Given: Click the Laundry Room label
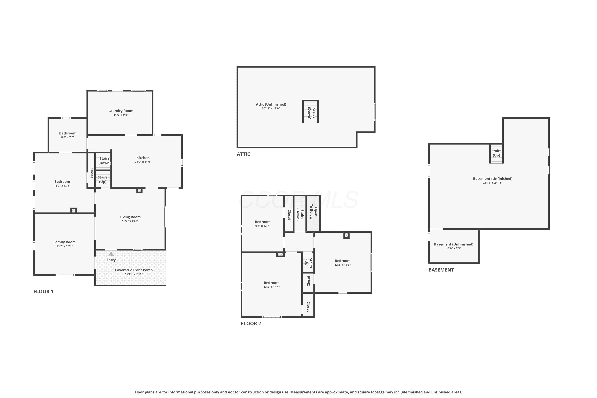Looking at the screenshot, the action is point(121,111).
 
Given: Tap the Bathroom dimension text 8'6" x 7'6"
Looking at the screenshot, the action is point(68,137).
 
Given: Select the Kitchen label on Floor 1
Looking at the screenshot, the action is point(143,158).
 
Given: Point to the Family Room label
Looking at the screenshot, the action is point(64,242).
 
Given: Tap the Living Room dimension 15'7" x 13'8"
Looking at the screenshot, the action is point(130,221).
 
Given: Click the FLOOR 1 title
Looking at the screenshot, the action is point(43,291).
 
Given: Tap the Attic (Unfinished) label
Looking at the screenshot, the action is point(271,104).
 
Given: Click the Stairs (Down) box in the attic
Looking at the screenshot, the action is point(310,111).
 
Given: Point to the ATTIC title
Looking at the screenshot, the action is point(243,154).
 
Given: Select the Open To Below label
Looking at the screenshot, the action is point(313,213).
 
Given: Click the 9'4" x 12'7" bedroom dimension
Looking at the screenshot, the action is point(263,226).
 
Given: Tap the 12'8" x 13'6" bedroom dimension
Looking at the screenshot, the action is point(343,265).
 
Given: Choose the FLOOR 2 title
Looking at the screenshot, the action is point(251,323).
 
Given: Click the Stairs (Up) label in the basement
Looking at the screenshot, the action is point(496,153).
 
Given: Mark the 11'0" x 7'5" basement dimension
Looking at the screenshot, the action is point(454,248).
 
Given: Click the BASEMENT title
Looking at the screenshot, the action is point(441,270).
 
